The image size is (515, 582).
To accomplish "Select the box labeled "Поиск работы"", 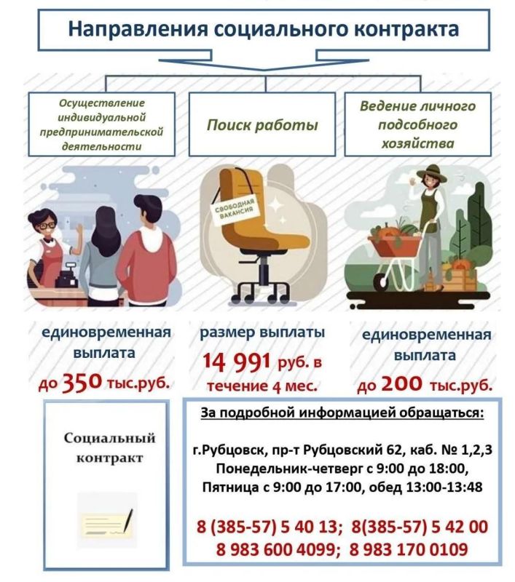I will click(x=262, y=125).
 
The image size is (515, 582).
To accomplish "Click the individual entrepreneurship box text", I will click(x=101, y=124).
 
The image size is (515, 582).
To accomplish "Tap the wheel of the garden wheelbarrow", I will click(x=380, y=280).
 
